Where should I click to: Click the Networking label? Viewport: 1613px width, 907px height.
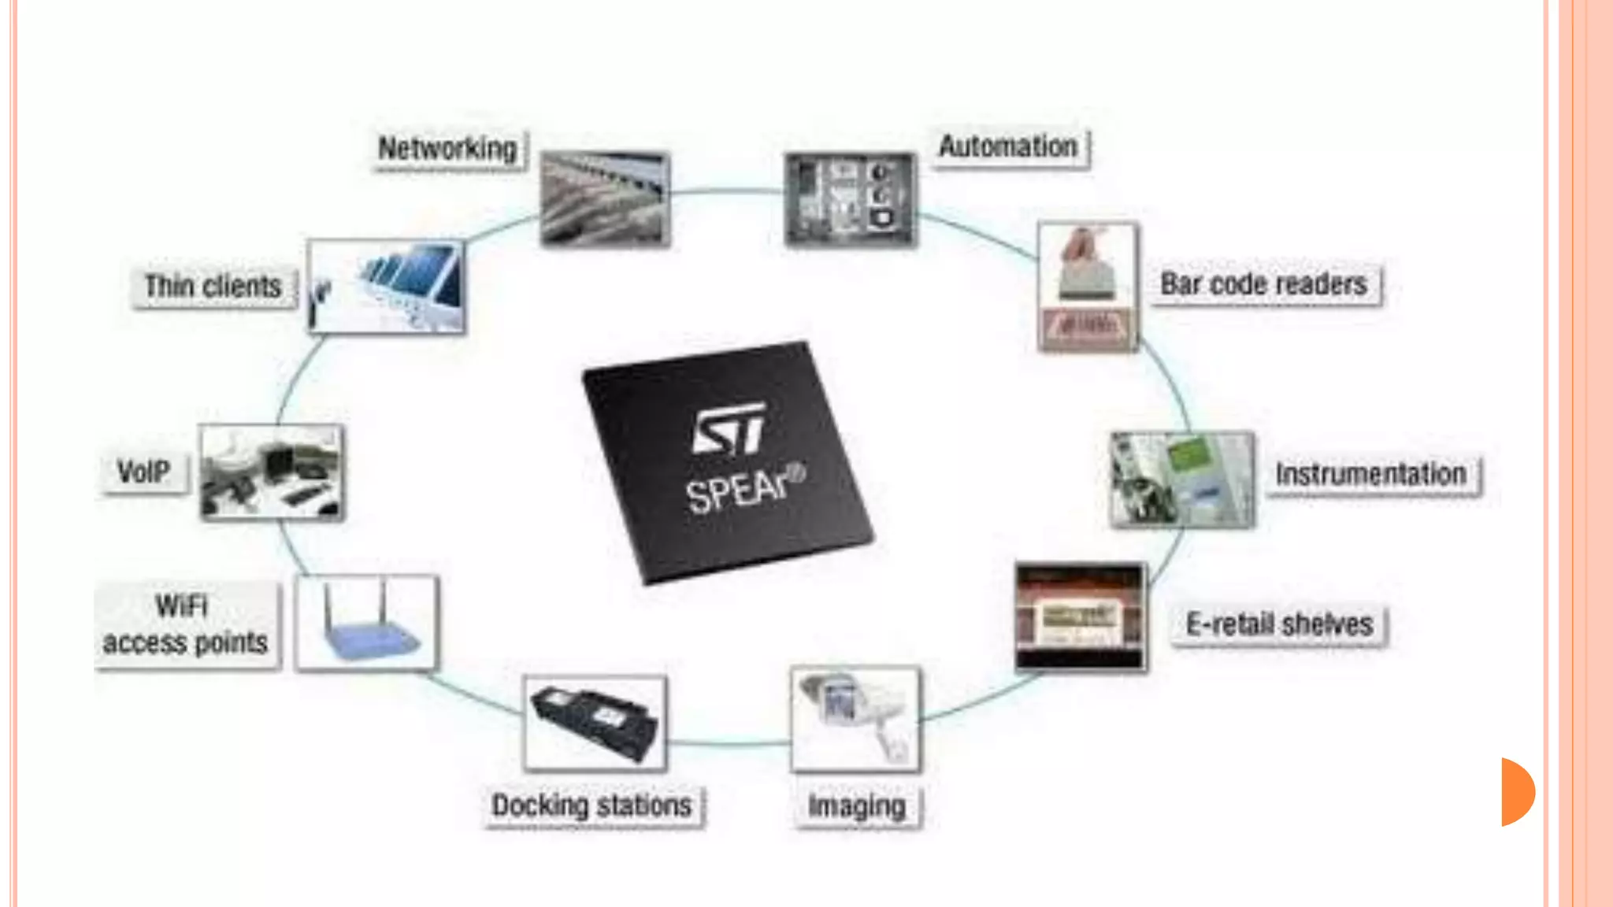[x=447, y=149]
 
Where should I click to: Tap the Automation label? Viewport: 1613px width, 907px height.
[x=1009, y=146]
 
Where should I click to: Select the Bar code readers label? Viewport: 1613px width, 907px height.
[x=1264, y=284]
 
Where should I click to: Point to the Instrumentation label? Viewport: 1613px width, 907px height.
[x=1371, y=475]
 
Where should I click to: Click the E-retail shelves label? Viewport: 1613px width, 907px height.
[x=1279, y=625]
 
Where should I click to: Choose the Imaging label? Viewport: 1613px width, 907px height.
[x=857, y=806]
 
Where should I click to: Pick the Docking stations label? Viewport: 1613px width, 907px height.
[x=591, y=805]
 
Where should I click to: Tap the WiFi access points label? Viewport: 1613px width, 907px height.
[x=186, y=625]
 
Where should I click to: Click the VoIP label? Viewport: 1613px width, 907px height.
[x=144, y=472]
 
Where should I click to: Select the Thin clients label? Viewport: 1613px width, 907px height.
[x=213, y=287]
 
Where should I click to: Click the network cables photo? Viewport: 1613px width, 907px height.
[x=605, y=199]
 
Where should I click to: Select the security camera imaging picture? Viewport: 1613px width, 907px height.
[x=855, y=718]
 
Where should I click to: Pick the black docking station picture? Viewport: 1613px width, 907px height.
[x=595, y=723]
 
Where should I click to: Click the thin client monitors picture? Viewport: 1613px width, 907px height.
[x=386, y=287]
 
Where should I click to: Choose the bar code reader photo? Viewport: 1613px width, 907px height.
[x=1088, y=287]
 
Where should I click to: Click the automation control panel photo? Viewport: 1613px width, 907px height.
[x=851, y=199]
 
